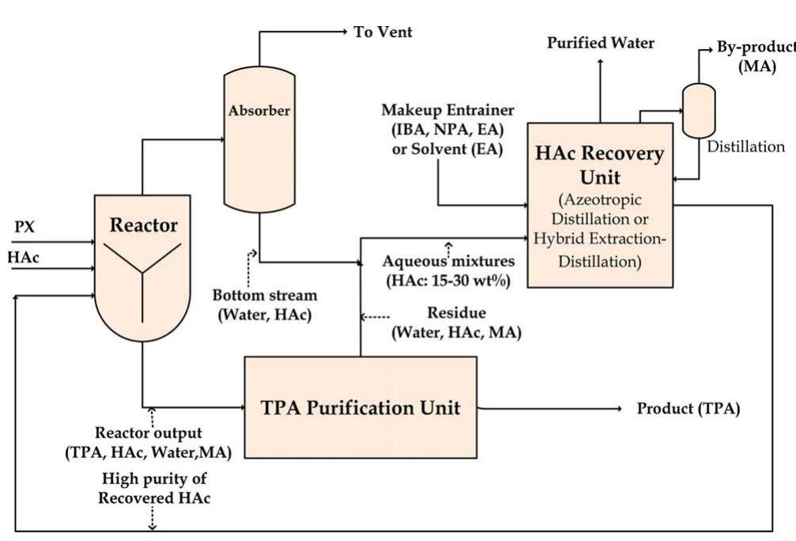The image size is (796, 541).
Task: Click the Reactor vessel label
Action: point(143,225)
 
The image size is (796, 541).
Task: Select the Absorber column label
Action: point(258,111)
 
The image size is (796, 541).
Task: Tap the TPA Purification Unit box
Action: point(360,408)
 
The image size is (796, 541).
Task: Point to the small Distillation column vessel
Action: point(699,110)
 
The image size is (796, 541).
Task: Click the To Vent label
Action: point(383,32)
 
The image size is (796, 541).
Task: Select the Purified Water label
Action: point(601,43)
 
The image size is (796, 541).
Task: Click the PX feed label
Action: point(25,227)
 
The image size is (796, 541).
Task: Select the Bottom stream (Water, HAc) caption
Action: point(264,305)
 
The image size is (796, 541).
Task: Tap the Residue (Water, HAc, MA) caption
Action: point(456,323)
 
